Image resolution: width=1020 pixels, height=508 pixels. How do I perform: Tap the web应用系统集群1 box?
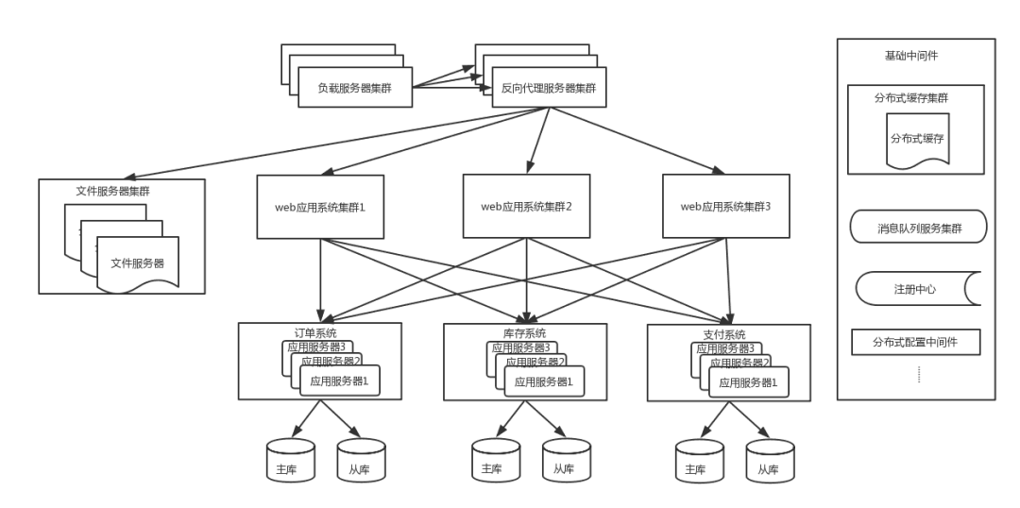[320, 206]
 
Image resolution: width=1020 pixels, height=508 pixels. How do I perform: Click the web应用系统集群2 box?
[526, 206]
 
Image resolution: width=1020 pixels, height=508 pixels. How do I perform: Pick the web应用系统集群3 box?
[725, 206]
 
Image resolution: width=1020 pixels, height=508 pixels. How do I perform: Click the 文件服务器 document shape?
[137, 262]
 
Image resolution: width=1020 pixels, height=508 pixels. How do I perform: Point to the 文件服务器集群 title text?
[112, 191]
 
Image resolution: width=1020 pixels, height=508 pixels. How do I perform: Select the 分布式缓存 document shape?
[917, 138]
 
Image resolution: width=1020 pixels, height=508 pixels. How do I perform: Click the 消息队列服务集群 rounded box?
[917, 228]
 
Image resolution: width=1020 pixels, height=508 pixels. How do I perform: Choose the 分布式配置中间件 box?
[914, 342]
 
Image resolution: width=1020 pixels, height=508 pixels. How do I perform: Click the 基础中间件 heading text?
[911, 56]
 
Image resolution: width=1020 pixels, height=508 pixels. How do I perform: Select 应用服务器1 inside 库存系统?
[543, 381]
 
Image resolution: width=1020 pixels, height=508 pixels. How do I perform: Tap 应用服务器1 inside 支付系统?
[748, 382]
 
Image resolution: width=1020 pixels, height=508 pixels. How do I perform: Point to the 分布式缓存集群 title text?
[914, 96]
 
